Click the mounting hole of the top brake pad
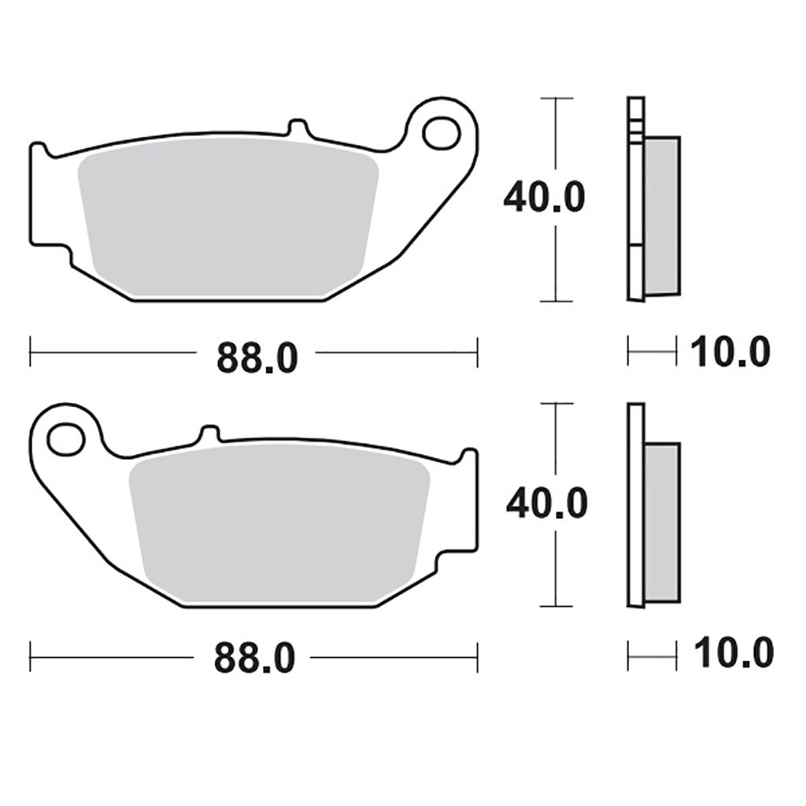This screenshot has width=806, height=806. coord(441,133)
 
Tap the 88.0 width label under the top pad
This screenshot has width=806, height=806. coord(257,358)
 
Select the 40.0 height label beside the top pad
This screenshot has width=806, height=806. coord(544,198)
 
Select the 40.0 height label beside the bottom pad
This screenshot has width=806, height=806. coord(546,503)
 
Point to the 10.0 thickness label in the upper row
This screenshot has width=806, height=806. coord(730,352)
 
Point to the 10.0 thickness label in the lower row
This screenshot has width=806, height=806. coord(732,653)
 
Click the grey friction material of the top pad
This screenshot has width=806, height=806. coord(228,220)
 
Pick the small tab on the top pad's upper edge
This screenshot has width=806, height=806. coord(297,127)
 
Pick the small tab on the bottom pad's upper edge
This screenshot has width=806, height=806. coord(209,434)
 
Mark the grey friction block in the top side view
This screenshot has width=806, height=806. coord(662,216)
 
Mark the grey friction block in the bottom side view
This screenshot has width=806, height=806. coord(662,522)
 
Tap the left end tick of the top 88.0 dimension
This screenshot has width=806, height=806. coord(30,352)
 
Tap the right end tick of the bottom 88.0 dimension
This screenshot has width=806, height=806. coord(477,656)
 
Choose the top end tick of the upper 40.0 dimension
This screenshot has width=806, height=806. coord(557,98)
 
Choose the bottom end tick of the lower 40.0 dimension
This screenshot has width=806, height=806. coord(557,606)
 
